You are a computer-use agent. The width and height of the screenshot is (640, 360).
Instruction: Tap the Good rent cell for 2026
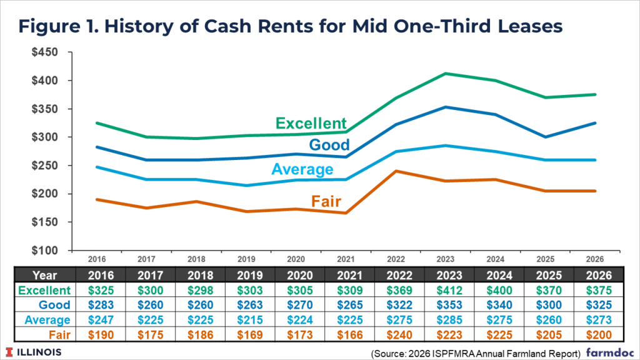(x=597, y=305)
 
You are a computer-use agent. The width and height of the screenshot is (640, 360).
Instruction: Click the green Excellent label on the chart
(x=311, y=122)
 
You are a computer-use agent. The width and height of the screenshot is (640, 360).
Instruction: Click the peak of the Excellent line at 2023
(x=446, y=73)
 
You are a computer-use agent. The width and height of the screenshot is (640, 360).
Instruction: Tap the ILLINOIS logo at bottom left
(x=35, y=351)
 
